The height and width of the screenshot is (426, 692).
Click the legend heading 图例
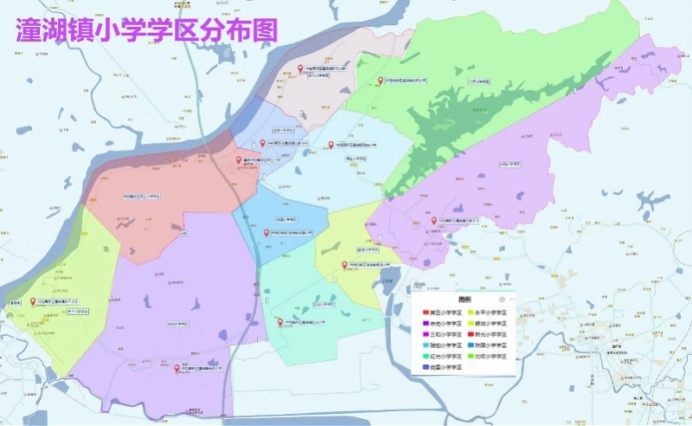pyautogui.click(x=465, y=299)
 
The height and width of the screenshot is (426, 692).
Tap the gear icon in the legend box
pyautogui.click(x=502, y=299)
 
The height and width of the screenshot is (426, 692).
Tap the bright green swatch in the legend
pyautogui.click(x=470, y=356)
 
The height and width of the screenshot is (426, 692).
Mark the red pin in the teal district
pyautogui.click(x=279, y=322)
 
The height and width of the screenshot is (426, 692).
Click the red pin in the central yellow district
pyautogui.click(x=344, y=265)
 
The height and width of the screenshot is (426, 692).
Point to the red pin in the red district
pyautogui.click(x=239, y=160)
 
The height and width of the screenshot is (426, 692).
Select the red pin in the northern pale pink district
pyautogui.click(x=300, y=68)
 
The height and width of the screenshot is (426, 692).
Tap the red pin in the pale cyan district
pyautogui.click(x=330, y=145)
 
